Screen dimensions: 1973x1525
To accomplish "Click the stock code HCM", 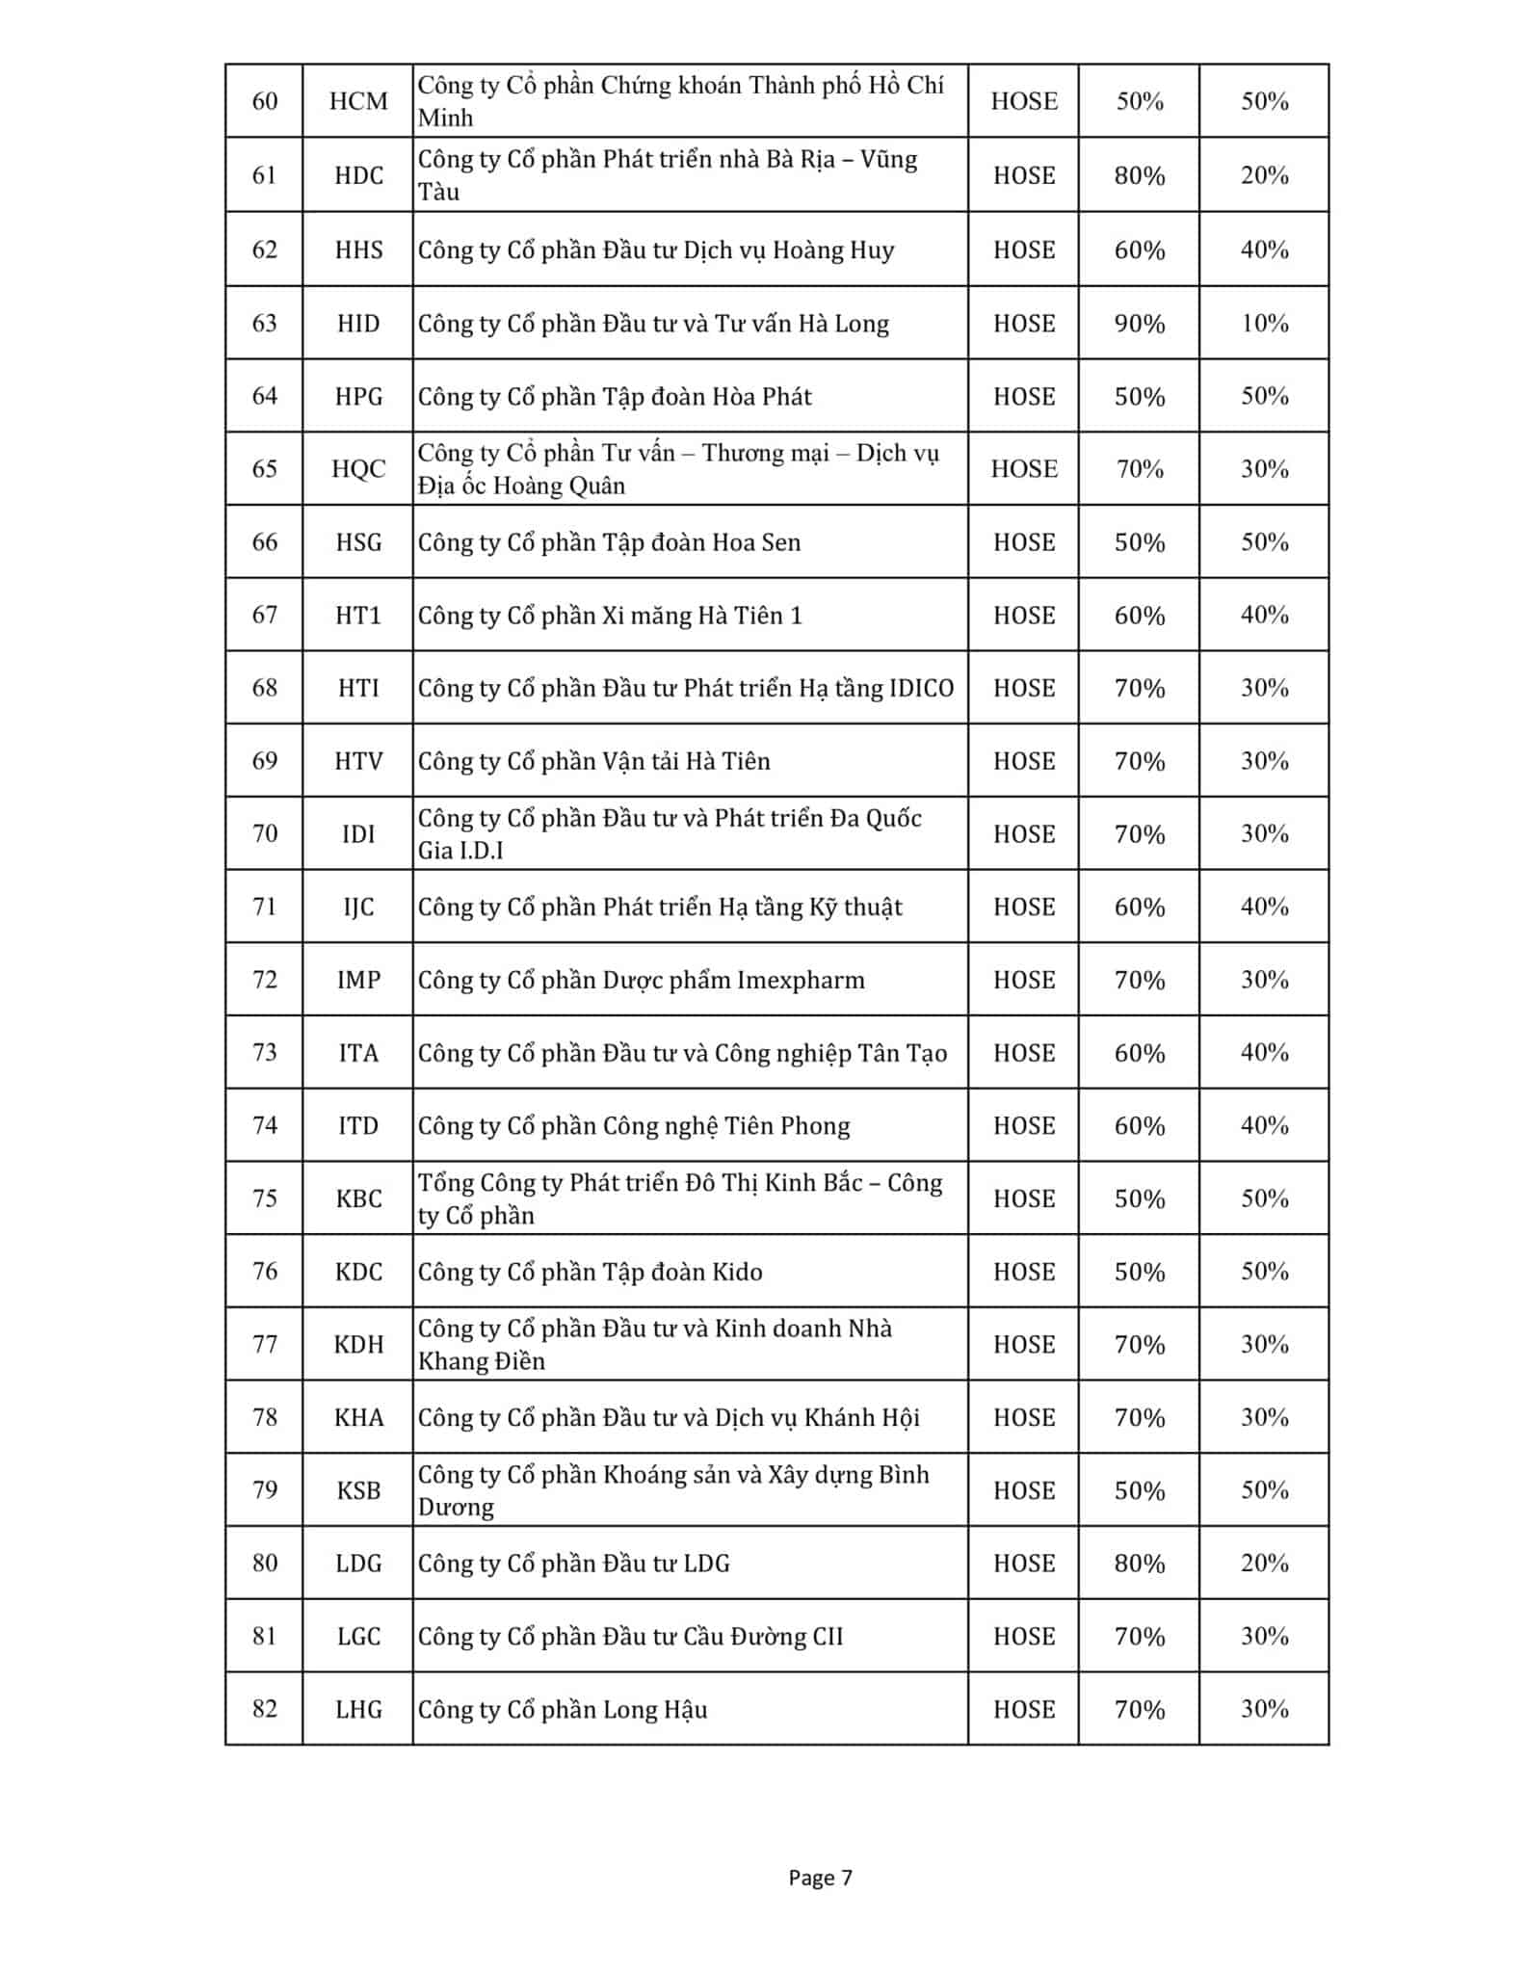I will pos(358,101).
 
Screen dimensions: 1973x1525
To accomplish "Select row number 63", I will pos(264,323).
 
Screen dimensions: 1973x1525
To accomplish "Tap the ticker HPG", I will pos(358,396).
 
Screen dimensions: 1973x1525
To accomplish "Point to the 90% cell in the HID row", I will pos(1140,323).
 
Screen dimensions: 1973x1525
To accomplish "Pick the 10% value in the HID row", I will pos(1264,323).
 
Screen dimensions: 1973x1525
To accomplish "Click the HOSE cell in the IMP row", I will pos(1024,980).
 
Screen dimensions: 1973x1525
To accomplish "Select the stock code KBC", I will pos(358,1198).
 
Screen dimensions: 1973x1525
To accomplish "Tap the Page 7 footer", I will pos(820,1877).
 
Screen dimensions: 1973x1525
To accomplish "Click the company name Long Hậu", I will pos(563,1709).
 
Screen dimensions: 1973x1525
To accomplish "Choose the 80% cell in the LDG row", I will pos(1140,1563).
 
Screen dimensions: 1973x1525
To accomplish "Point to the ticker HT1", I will pos(358,615).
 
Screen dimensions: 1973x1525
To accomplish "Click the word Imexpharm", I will pos(801,980).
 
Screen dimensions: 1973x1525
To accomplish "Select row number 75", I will pos(264,1198).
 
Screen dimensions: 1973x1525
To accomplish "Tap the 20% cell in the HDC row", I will pos(1264,175).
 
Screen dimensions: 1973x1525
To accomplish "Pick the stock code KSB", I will pos(358,1490).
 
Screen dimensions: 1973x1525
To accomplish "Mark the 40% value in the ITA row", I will pos(1264,1052).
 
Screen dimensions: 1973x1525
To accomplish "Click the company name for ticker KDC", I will pos(590,1272).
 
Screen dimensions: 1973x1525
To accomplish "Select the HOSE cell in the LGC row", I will pos(1024,1636).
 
